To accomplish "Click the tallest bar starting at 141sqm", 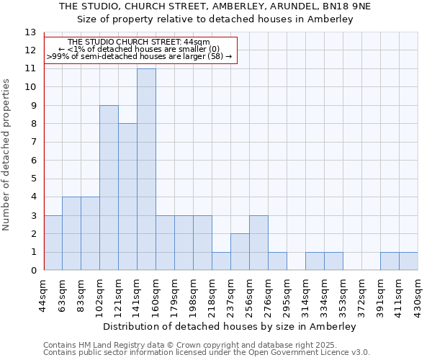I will click(146, 169).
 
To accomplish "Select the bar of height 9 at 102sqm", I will click(109, 188).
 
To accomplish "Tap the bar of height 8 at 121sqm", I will click(127, 197).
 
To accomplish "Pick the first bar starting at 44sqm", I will click(53, 243).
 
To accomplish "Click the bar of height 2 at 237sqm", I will click(240, 252).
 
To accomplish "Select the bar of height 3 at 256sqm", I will click(258, 243).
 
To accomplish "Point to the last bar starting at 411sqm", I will click(408, 261).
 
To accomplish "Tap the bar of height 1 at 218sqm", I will click(221, 261).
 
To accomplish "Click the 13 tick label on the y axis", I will click(30, 32).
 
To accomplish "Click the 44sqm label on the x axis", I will click(44, 294).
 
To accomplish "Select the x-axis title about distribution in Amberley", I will click(230, 326).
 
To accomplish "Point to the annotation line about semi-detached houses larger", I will click(140, 55).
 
